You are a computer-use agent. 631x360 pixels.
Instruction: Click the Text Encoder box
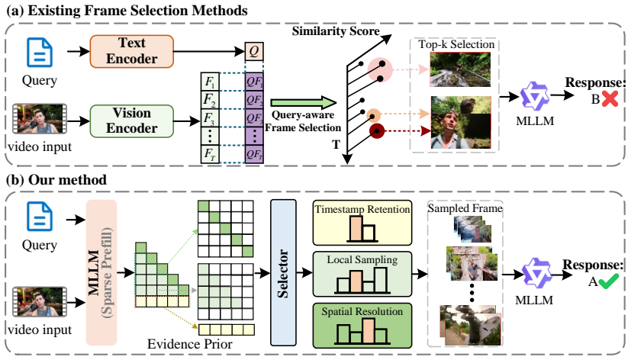pyautogui.click(x=131, y=51)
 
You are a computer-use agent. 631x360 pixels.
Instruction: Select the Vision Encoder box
pyautogui.click(x=131, y=121)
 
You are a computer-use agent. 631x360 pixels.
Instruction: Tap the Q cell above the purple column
pyautogui.click(x=254, y=52)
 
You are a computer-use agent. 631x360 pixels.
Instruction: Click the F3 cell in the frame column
pyautogui.click(x=210, y=118)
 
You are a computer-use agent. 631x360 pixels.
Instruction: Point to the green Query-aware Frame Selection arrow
pyautogui.click(x=304, y=102)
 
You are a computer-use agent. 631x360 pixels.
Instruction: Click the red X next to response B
pyautogui.click(x=610, y=98)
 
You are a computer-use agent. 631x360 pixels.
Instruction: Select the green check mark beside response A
pyautogui.click(x=608, y=281)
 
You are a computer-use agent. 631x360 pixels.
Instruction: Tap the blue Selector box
pyautogui.click(x=283, y=273)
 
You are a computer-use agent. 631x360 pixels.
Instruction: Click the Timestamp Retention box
pyautogui.click(x=362, y=223)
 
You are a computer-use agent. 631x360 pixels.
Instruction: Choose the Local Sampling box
pyautogui.click(x=362, y=275)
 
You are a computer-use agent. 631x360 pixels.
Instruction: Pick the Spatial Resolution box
pyautogui.click(x=362, y=326)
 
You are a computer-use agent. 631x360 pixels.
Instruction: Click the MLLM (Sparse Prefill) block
pyautogui.click(x=101, y=273)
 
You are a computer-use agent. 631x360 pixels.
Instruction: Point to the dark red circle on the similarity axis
pyautogui.click(x=377, y=131)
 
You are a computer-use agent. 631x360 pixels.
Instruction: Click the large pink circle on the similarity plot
pyautogui.click(x=380, y=70)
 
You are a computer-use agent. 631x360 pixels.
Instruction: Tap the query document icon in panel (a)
pyautogui.click(x=40, y=53)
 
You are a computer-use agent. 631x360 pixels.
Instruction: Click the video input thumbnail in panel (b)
pyautogui.click(x=40, y=301)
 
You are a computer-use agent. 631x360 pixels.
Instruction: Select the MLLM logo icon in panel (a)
pyautogui.click(x=534, y=97)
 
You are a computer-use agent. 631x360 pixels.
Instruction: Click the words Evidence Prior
pyautogui.click(x=189, y=344)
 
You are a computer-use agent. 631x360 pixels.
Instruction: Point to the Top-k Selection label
pyautogui.click(x=456, y=44)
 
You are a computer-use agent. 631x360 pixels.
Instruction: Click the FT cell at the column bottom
pyautogui.click(x=210, y=154)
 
